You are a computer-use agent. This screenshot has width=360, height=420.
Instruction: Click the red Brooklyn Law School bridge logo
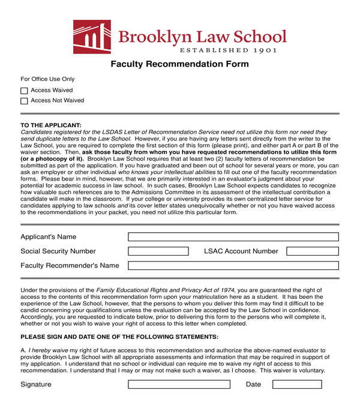92,37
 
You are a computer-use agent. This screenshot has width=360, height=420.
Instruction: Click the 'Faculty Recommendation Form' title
179,64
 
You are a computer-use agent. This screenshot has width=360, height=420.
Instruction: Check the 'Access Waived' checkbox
24,91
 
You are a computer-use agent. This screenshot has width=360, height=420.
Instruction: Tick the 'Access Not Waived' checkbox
24,101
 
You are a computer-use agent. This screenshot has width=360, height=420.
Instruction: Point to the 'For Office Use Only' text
47,79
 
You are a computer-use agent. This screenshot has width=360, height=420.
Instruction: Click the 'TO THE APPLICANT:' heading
50,125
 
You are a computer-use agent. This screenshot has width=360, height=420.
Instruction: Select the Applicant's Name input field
233,237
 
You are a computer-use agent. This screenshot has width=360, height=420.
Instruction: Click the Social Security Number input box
158,251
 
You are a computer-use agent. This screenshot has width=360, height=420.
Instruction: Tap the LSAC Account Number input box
312,251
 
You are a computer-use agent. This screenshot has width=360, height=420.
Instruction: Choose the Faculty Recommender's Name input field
233,266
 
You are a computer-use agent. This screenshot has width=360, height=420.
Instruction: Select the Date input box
296,384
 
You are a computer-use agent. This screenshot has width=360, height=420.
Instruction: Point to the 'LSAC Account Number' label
241,251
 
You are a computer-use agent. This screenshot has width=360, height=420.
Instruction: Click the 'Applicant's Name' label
49,237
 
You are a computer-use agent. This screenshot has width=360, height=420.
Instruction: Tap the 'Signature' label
36,384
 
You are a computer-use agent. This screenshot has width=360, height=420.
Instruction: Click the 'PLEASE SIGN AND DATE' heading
119,337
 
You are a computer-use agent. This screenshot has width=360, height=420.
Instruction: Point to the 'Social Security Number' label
58,251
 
